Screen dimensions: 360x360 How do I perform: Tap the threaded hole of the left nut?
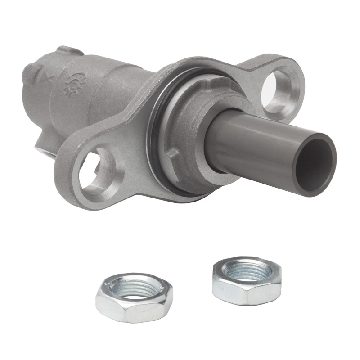134,288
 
